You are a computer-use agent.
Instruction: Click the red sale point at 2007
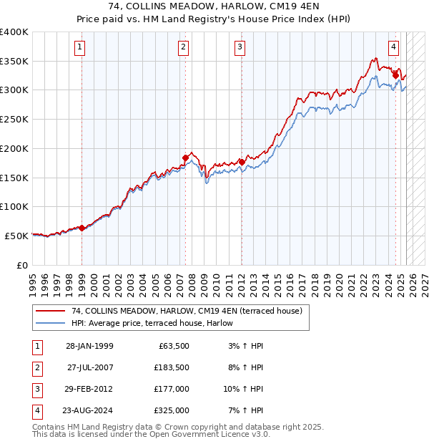[x=186, y=158]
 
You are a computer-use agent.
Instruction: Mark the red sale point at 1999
[x=82, y=228]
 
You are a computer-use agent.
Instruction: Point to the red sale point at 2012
[x=242, y=162]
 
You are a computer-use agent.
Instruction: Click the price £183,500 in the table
[x=172, y=367]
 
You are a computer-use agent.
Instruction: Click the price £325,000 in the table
[x=172, y=410]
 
